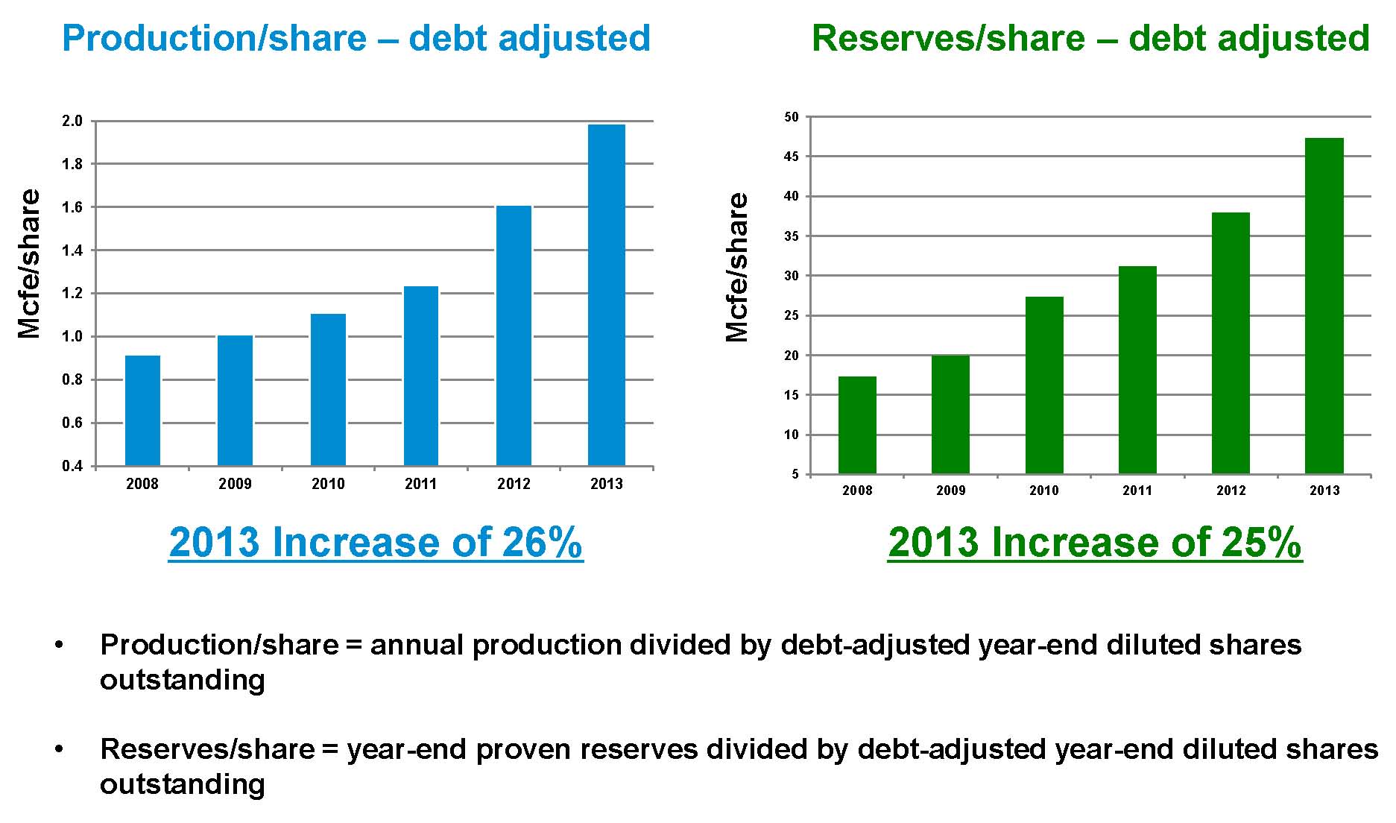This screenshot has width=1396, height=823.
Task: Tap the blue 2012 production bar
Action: click(x=514, y=335)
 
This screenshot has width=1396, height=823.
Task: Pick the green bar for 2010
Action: click(x=1044, y=385)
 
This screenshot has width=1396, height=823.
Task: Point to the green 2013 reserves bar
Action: click(x=1324, y=306)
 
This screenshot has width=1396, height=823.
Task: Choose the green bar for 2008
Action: click(x=857, y=425)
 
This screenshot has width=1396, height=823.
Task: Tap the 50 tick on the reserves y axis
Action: click(x=792, y=117)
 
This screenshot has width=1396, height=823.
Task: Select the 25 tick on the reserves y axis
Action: click(x=792, y=315)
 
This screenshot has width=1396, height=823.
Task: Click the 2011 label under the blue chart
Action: click(x=421, y=484)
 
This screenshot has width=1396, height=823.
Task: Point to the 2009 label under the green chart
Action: click(x=951, y=491)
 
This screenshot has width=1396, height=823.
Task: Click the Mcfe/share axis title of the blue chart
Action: click(x=30, y=263)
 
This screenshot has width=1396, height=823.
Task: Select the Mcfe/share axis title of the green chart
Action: click(x=737, y=267)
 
